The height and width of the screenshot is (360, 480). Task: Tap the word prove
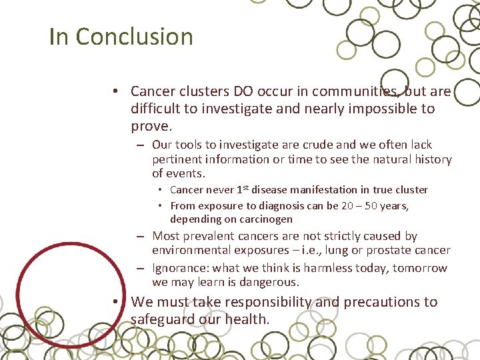(x=151, y=125)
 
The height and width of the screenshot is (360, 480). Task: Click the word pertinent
(x=177, y=159)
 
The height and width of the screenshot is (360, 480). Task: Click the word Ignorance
(x=178, y=268)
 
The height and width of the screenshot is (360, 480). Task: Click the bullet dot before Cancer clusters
(x=115, y=91)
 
